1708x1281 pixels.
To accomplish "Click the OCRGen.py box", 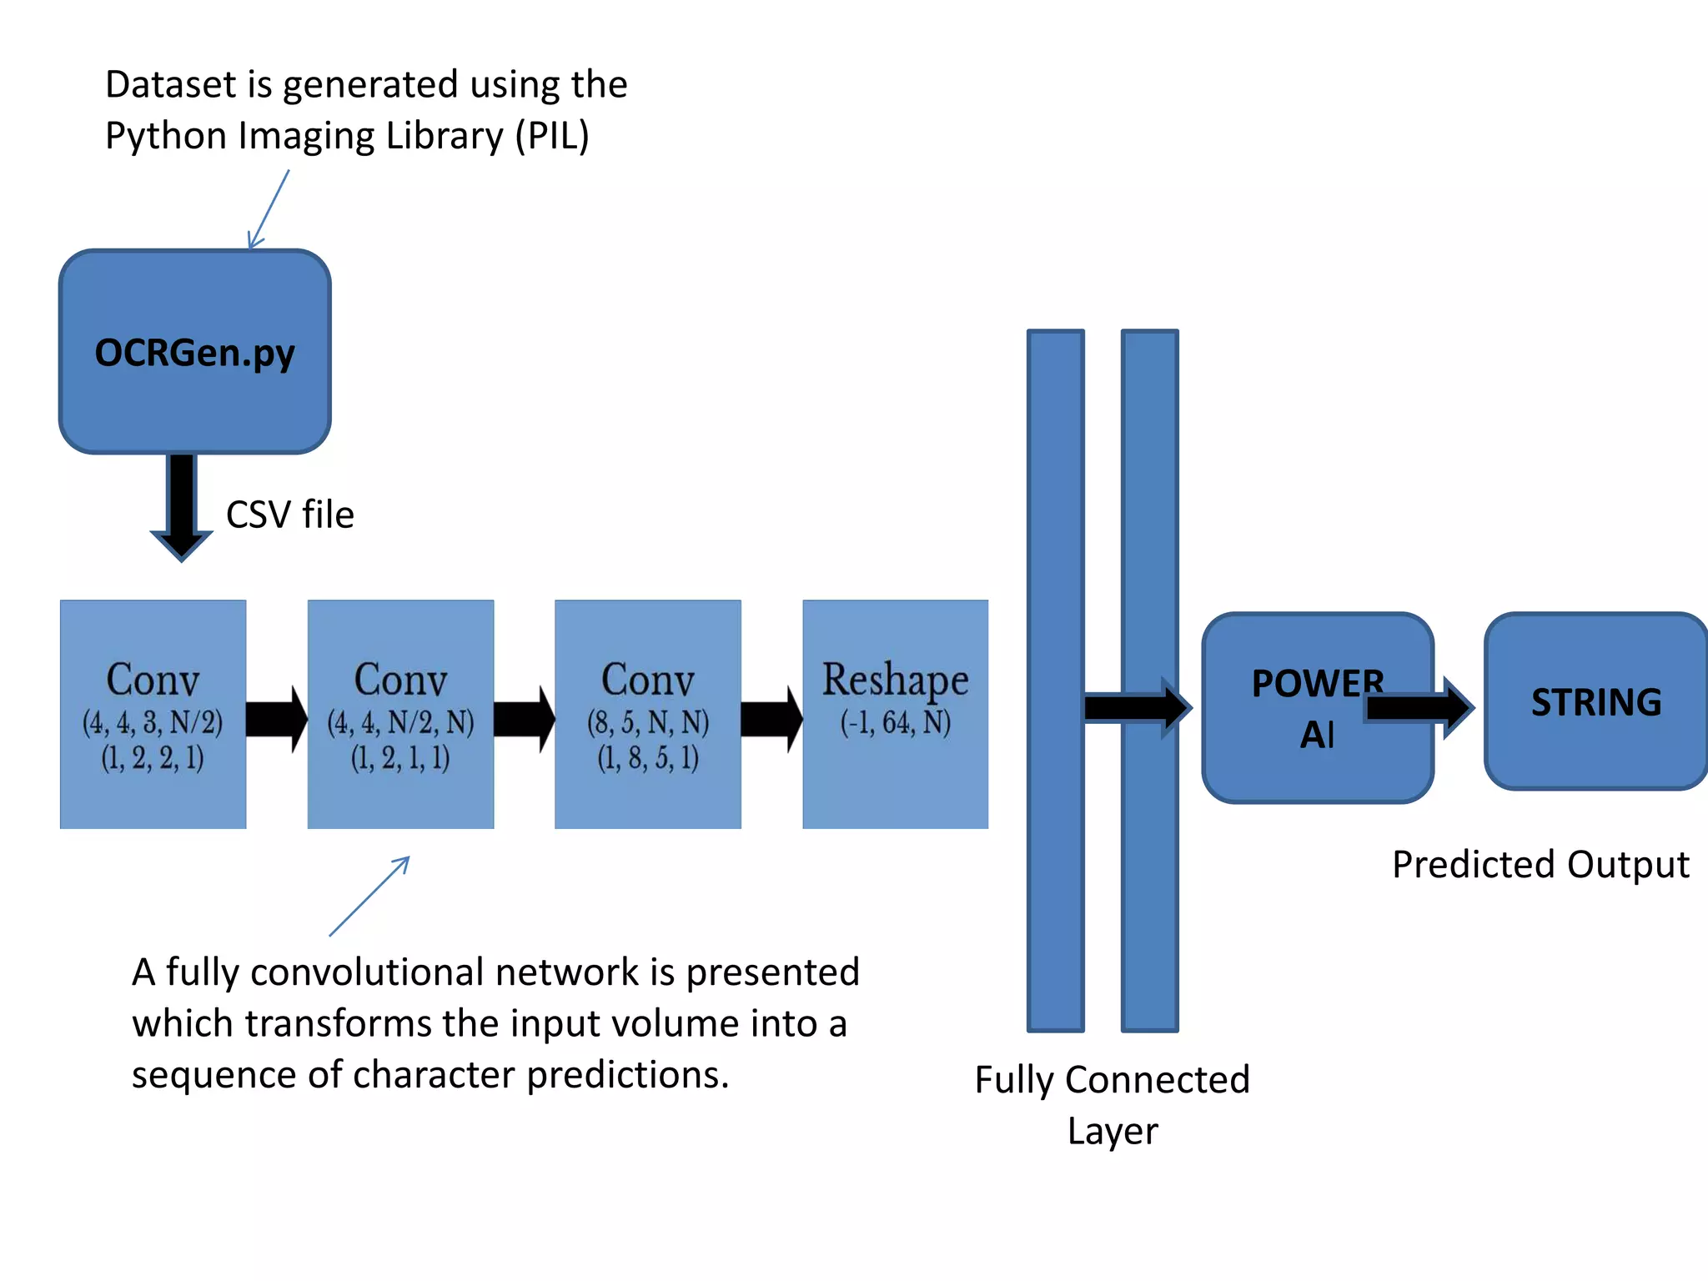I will [x=194, y=352].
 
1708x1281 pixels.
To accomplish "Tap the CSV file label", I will [x=289, y=515].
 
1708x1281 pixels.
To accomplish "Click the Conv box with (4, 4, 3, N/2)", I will [x=153, y=714].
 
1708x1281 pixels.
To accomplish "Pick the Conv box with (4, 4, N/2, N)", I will [x=400, y=714].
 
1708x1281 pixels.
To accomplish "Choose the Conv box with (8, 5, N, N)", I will [x=647, y=714].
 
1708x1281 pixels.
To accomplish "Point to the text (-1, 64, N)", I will [x=895, y=722].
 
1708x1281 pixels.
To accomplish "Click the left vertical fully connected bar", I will [x=1055, y=500].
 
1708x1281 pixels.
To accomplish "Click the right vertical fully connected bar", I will [x=1149, y=500].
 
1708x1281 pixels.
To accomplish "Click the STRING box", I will [x=1595, y=702].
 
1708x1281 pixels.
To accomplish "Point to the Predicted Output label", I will [x=1540, y=865].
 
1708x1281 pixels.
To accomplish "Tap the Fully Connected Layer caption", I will [x=1112, y=1104].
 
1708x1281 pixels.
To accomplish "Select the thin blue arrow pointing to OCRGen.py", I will [x=269, y=208].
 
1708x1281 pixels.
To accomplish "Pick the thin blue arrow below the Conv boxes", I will [x=369, y=897].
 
